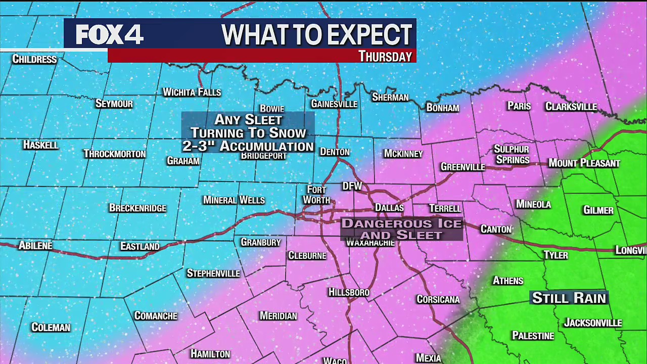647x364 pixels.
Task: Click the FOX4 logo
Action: click(x=110, y=34)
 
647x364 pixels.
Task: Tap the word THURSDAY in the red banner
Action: click(x=385, y=56)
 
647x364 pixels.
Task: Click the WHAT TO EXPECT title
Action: click(x=317, y=34)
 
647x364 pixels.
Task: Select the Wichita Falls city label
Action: click(x=192, y=92)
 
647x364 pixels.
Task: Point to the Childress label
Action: click(x=34, y=59)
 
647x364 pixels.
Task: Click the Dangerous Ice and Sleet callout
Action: click(x=402, y=229)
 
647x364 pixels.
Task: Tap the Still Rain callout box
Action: click(x=569, y=298)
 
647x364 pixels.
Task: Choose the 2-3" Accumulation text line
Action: click(x=248, y=146)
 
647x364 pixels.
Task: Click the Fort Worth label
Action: click(x=316, y=195)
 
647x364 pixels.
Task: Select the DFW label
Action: click(x=352, y=186)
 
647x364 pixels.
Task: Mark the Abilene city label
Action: click(x=35, y=246)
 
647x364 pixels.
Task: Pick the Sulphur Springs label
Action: click(x=512, y=155)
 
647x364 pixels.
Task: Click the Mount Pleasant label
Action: click(x=584, y=163)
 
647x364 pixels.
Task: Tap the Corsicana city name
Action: click(x=438, y=299)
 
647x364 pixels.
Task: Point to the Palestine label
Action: click(x=533, y=336)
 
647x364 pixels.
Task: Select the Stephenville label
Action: click(x=213, y=274)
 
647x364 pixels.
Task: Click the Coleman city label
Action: click(x=51, y=328)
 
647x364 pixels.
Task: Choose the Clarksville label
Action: click(x=571, y=107)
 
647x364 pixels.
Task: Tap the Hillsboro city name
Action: click(x=349, y=292)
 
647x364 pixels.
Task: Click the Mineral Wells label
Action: click(x=234, y=200)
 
